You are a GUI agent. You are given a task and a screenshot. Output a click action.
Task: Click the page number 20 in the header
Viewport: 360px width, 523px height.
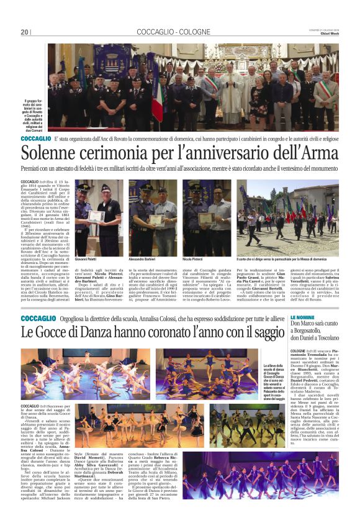(25, 32)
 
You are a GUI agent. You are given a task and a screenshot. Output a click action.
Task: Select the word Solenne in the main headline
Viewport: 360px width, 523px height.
(53, 152)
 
